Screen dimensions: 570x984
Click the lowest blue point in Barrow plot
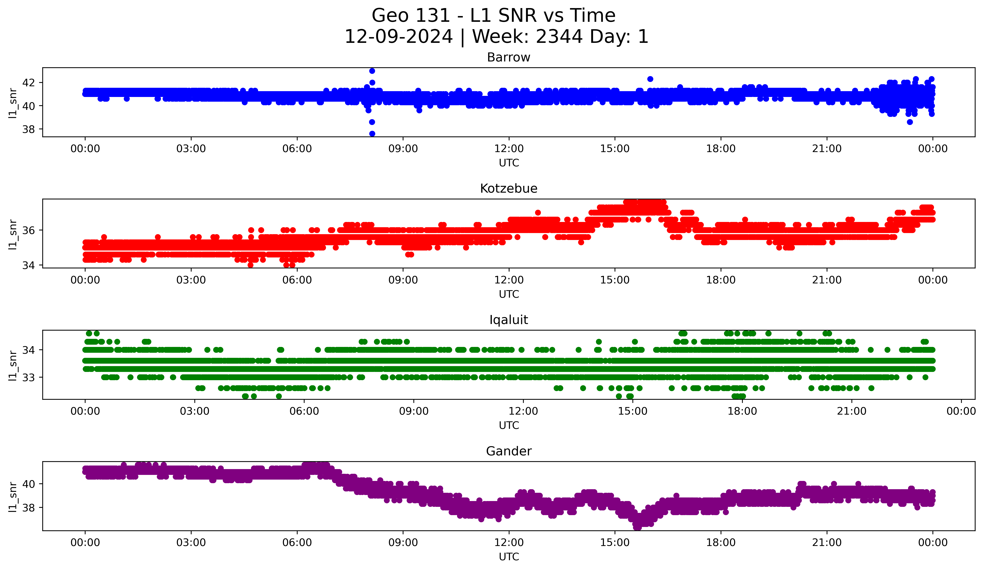372,133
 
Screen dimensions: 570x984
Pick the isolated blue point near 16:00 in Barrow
650,79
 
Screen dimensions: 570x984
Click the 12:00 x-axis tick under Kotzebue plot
509,280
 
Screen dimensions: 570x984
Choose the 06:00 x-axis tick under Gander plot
297,542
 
